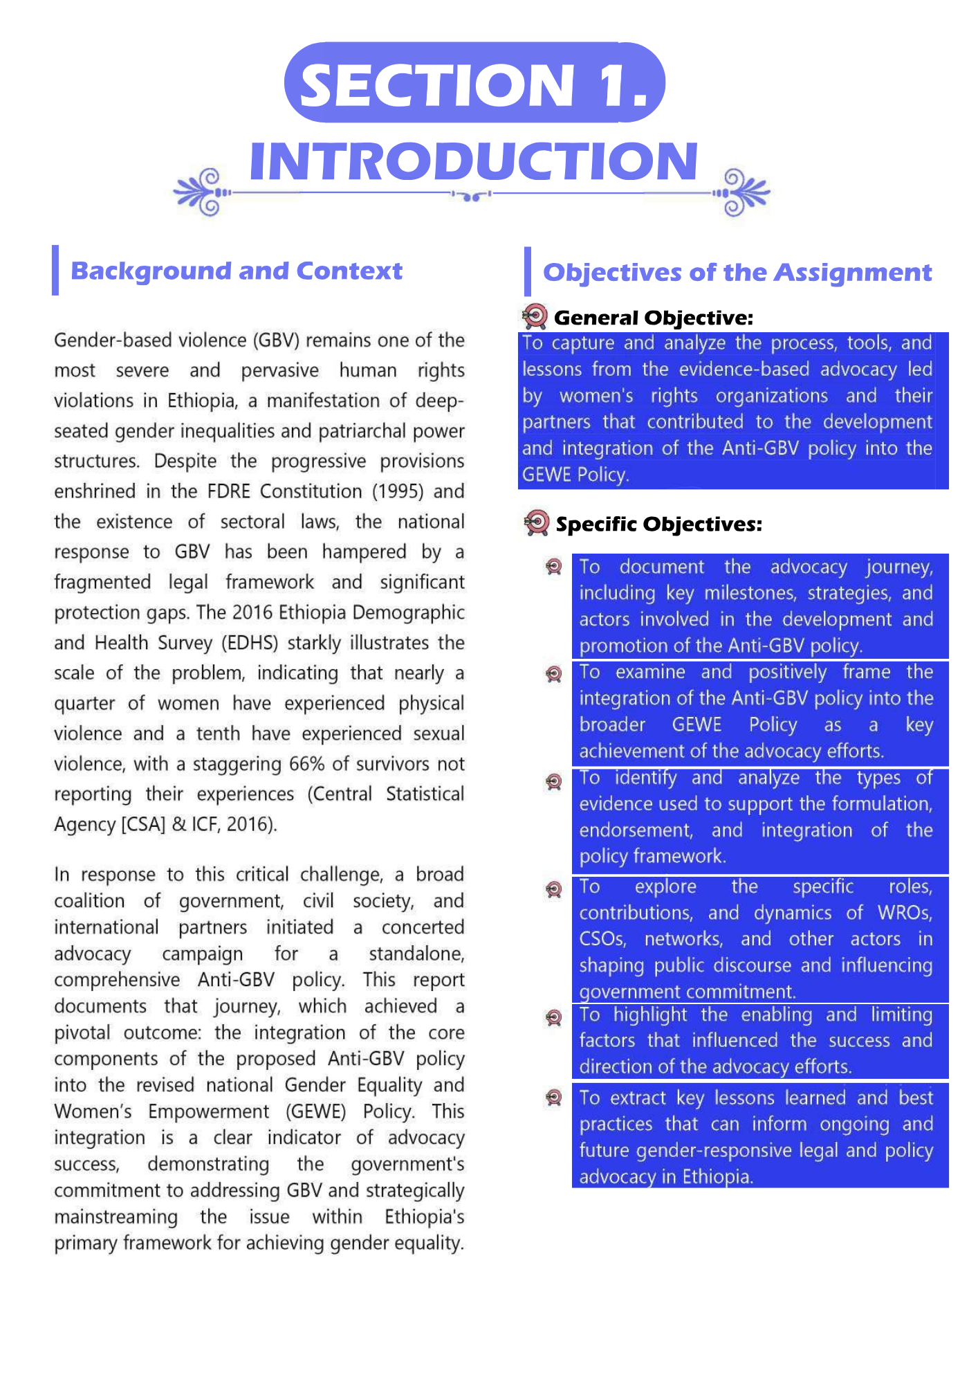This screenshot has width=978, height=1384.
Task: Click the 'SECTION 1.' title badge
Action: (474, 83)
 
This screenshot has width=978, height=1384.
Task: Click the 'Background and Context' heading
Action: (237, 271)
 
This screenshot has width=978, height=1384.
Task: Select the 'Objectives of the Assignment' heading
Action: (737, 273)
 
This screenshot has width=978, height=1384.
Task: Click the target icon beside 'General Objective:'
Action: (535, 316)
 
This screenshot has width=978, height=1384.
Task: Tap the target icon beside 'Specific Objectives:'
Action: (537, 522)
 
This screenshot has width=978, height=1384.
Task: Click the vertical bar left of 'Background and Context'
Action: (55, 270)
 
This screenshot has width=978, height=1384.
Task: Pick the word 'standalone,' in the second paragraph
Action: (416, 954)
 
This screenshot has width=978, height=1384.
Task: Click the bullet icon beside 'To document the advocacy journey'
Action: (553, 567)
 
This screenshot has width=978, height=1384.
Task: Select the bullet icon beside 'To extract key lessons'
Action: (553, 1098)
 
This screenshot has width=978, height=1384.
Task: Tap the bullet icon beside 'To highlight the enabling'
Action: (553, 1017)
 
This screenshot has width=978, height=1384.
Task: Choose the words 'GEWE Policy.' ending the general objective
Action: (575, 475)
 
